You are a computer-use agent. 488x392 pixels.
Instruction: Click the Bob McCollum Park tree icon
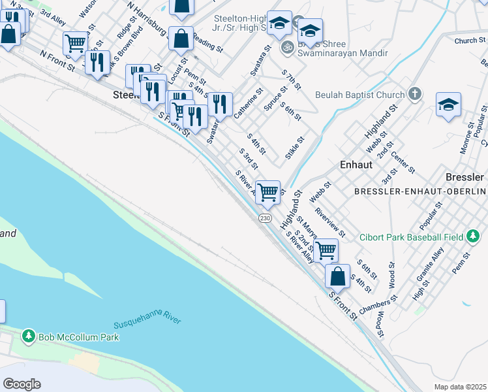tap(28, 336)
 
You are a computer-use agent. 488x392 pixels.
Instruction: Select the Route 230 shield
tap(264, 218)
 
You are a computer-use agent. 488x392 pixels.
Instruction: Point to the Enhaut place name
tap(356, 165)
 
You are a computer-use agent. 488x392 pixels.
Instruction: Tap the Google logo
tap(22, 384)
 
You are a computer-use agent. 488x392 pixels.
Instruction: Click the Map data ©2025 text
tap(459, 387)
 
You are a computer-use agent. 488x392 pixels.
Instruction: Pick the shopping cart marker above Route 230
tap(267, 193)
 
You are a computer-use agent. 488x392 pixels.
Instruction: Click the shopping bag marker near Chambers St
tap(337, 276)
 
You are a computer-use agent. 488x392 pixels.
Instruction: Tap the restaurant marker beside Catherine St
tap(221, 104)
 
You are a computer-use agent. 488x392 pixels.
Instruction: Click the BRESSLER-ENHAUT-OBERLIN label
tap(420, 191)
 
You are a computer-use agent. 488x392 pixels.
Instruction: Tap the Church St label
tap(466, 41)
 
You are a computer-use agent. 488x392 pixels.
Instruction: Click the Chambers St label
tap(378, 304)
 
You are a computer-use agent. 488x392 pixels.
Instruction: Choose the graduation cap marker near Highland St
tap(448, 105)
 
